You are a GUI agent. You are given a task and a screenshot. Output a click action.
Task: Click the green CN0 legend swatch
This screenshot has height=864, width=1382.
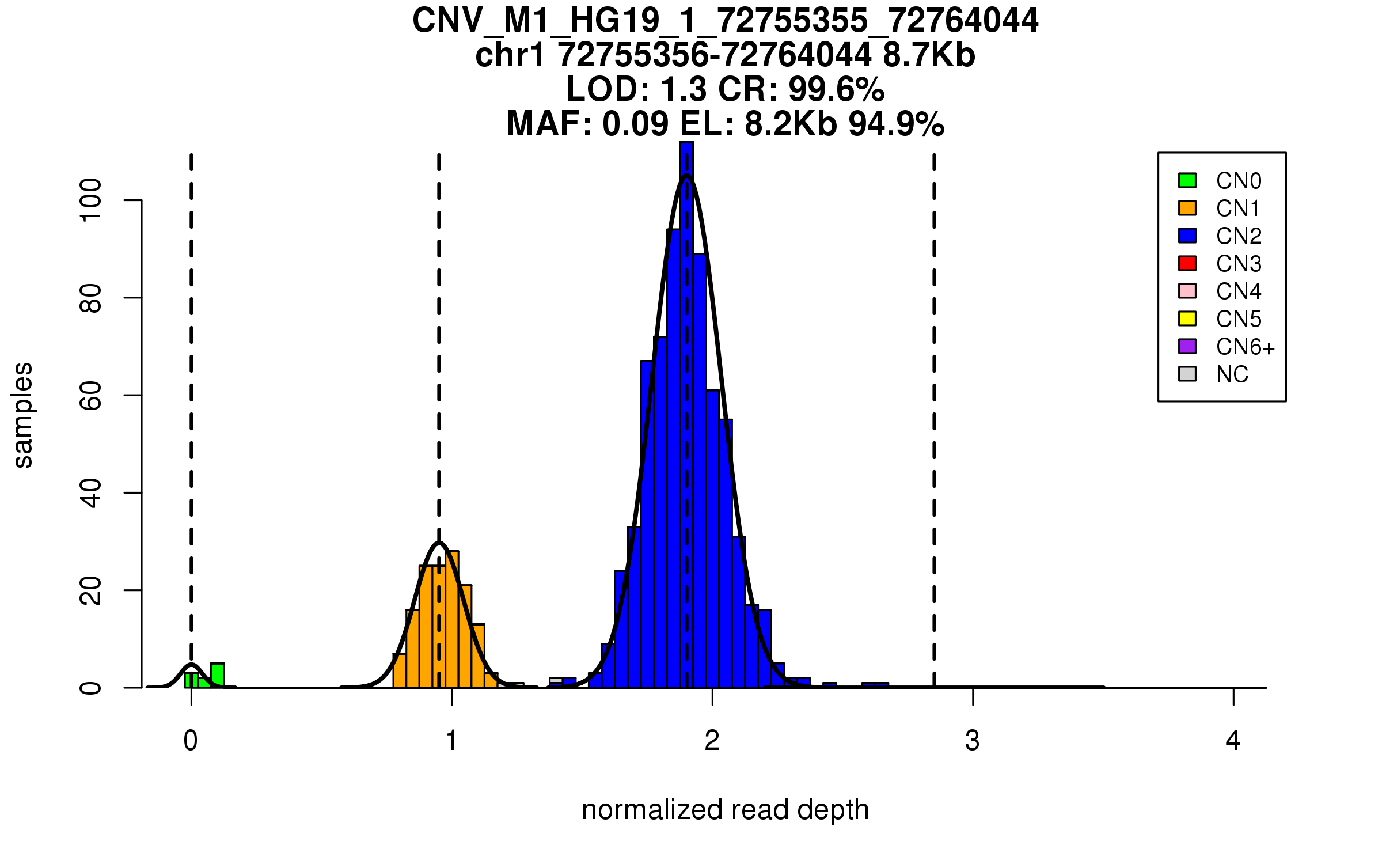(1187, 180)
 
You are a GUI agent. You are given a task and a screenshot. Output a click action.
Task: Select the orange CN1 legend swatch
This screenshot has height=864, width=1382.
(1187, 208)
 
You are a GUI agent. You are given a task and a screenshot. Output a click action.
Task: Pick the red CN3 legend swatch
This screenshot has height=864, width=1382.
(1187, 263)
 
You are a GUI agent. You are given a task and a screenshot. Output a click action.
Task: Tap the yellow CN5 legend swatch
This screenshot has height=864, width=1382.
(1187, 319)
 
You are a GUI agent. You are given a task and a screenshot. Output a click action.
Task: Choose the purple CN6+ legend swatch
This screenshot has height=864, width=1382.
(1187, 346)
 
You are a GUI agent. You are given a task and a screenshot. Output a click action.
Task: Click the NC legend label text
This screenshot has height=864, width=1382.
(1232, 374)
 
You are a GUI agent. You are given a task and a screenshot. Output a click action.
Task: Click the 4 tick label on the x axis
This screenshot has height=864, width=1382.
(1233, 741)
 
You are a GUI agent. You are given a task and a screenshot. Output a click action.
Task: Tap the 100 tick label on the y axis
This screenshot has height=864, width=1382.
(91, 200)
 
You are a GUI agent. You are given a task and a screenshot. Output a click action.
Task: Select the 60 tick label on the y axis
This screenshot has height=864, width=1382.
(91, 395)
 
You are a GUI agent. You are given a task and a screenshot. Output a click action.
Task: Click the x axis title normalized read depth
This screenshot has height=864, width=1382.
(725, 810)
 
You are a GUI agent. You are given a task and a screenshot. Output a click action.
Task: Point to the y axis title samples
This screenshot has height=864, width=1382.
(23, 415)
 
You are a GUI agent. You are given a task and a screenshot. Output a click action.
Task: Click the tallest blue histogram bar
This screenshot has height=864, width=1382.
(686, 415)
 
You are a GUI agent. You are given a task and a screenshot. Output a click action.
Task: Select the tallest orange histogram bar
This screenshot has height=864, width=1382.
(453, 619)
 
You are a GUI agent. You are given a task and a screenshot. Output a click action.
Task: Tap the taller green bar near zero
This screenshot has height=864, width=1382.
(217, 675)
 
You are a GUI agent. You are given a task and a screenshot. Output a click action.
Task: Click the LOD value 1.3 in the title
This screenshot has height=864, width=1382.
(684, 89)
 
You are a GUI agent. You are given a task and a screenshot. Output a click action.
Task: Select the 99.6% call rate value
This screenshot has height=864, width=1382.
(836, 89)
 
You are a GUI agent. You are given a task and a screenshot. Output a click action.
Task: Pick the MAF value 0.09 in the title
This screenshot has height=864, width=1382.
(636, 124)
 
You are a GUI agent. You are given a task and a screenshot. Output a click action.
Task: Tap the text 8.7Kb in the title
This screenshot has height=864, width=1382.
(929, 55)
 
